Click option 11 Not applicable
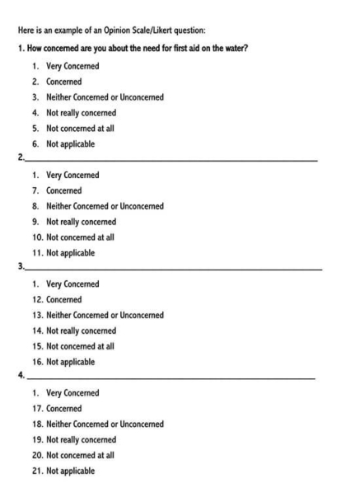point(70,252)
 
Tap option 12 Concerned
point(65,299)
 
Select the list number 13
point(38,315)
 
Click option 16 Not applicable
point(70,361)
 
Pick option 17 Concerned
point(65,408)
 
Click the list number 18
point(38,424)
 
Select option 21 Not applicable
point(70,471)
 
